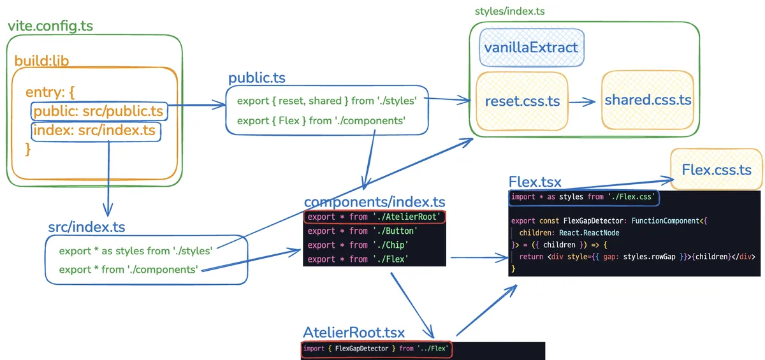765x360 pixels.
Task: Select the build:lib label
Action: click(41, 61)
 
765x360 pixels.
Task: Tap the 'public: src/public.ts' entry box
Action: click(99, 112)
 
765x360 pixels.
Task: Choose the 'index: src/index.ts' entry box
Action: click(95, 131)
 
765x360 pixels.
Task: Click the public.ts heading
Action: click(257, 78)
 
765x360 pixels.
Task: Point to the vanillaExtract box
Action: click(531, 47)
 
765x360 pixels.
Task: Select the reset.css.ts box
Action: click(522, 101)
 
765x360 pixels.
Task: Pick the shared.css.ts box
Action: click(648, 100)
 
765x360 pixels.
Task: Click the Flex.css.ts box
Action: click(717, 169)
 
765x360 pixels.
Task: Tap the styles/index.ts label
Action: click(509, 11)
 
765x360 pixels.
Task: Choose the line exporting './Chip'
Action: click(357, 245)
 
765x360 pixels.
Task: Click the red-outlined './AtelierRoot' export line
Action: click(375, 217)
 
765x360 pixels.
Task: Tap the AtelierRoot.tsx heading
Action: click(354, 333)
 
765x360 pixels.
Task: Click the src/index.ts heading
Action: click(87, 227)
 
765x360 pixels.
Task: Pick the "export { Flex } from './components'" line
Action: click(321, 120)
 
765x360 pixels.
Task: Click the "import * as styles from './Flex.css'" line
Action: click(584, 198)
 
